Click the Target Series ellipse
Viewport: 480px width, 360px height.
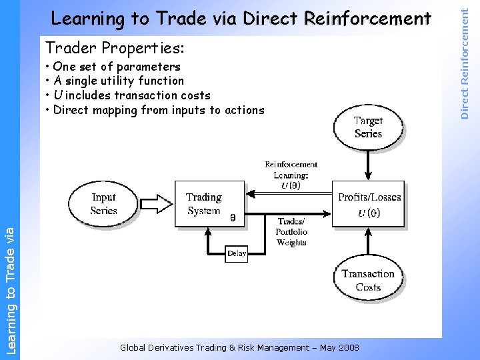coord(368,127)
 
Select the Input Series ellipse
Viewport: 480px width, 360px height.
coord(103,203)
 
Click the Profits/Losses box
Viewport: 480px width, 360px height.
coord(368,204)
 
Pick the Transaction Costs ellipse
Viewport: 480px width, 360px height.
coord(368,280)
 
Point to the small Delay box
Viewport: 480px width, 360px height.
coord(237,253)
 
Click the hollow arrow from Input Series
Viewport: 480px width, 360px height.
coord(156,204)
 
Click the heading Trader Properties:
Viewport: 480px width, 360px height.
coord(115,48)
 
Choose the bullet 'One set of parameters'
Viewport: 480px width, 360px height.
coord(116,67)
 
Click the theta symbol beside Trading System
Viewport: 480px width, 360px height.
coord(232,217)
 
